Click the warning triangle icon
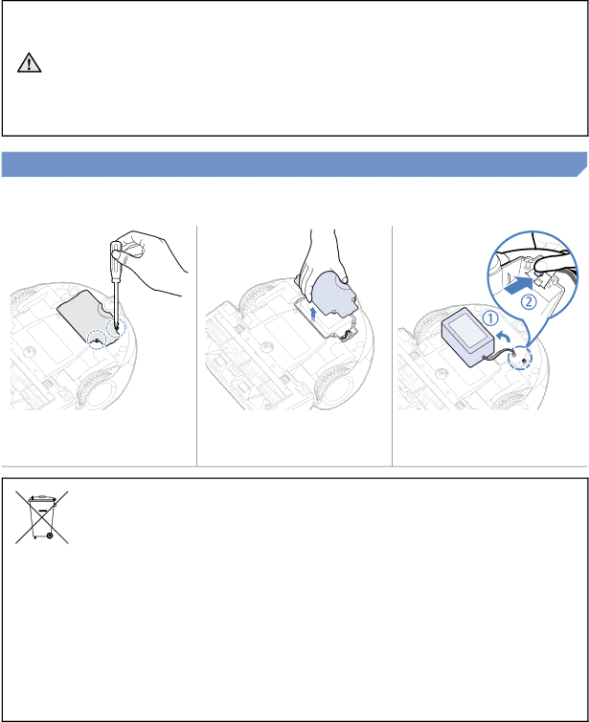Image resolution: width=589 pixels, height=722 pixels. (x=29, y=62)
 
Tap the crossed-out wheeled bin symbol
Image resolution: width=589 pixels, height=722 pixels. (x=42, y=517)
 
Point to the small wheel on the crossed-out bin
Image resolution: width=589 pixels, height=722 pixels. (x=50, y=536)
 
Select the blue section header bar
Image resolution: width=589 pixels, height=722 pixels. (x=294, y=164)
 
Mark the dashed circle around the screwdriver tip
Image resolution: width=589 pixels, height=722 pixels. (x=115, y=328)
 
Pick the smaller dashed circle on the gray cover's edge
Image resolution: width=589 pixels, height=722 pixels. (x=97, y=339)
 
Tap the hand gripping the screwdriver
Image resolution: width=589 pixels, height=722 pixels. (x=147, y=260)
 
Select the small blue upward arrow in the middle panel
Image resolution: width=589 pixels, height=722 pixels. (x=313, y=314)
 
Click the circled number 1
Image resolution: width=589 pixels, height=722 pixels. (x=490, y=318)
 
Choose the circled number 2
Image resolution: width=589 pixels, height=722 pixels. (x=529, y=301)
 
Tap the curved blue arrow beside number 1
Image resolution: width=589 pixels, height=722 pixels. (x=503, y=338)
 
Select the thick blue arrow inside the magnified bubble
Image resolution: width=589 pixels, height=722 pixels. (x=519, y=286)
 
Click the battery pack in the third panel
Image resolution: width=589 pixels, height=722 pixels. (x=467, y=336)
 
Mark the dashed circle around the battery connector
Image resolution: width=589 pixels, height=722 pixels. (x=519, y=358)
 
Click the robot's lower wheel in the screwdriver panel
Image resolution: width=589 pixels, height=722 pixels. (x=96, y=389)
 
